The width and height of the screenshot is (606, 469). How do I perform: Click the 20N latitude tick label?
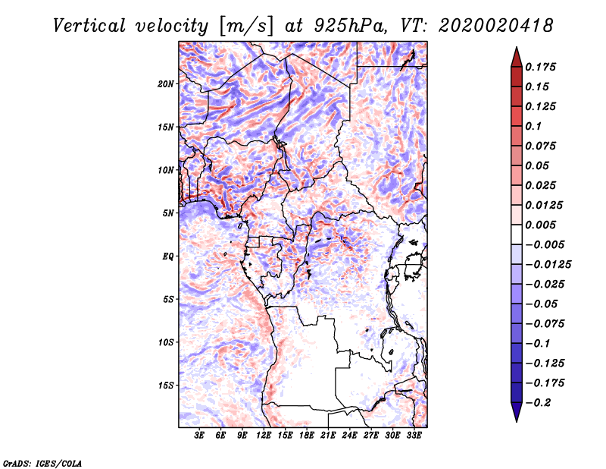167,83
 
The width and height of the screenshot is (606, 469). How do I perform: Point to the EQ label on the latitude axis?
168,257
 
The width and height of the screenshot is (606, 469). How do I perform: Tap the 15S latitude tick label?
167,386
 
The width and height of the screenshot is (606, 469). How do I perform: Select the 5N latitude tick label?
169,213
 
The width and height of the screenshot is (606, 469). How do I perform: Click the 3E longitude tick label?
200,436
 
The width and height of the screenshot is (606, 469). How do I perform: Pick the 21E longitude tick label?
329,436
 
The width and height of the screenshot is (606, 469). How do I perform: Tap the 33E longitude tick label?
414,436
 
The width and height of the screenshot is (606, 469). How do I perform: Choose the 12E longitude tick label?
264,436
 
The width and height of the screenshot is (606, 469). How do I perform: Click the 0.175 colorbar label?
541,67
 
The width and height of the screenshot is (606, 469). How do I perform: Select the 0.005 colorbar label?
541,225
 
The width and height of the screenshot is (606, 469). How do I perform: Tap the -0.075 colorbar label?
543,323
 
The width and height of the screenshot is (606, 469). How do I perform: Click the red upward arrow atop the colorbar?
516,56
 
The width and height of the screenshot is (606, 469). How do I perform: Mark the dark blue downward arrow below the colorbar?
516,413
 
